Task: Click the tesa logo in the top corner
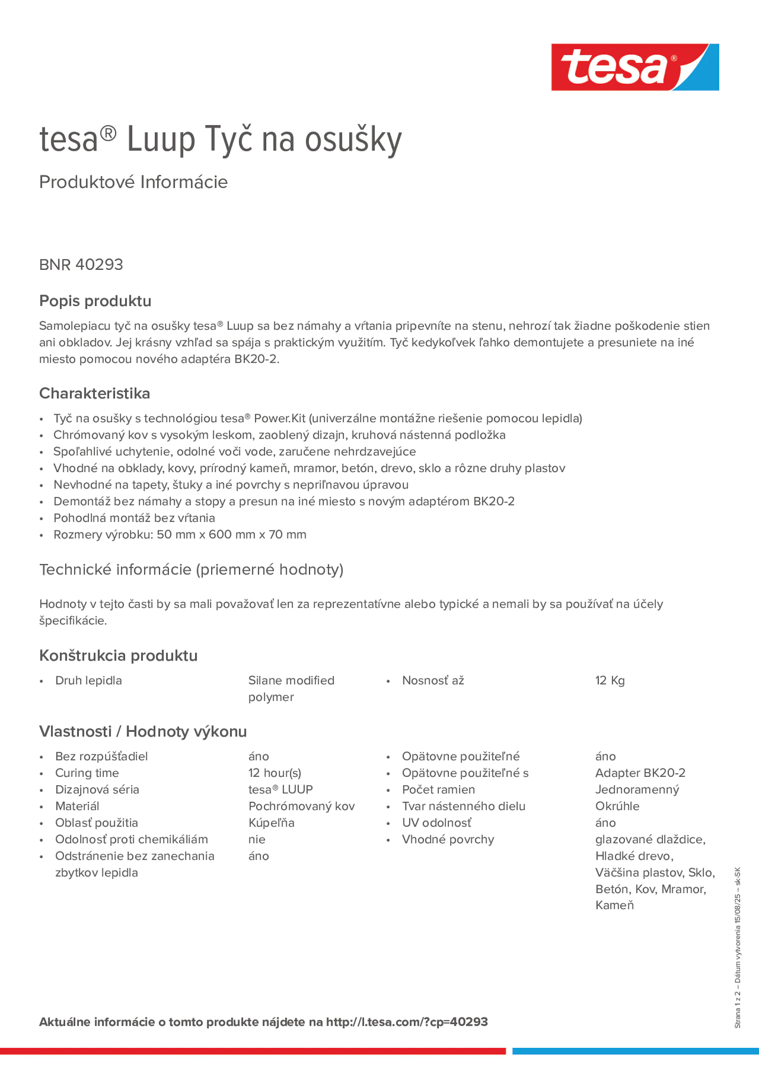click(635, 68)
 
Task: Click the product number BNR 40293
click(81, 265)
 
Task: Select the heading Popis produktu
click(95, 301)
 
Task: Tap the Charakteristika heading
click(95, 393)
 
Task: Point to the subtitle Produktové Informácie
click(134, 182)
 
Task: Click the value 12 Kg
click(610, 681)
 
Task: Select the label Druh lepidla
click(88, 681)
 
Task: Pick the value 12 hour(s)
click(275, 773)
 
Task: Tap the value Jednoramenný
click(637, 790)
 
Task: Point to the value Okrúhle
click(617, 806)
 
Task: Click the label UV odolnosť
click(436, 823)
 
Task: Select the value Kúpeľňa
click(272, 823)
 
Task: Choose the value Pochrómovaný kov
click(301, 806)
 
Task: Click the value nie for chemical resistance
click(257, 839)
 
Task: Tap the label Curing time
click(87, 773)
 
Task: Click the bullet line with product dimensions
click(180, 535)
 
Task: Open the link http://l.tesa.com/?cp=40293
click(407, 1022)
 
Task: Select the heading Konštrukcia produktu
click(118, 656)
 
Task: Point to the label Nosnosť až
click(433, 681)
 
